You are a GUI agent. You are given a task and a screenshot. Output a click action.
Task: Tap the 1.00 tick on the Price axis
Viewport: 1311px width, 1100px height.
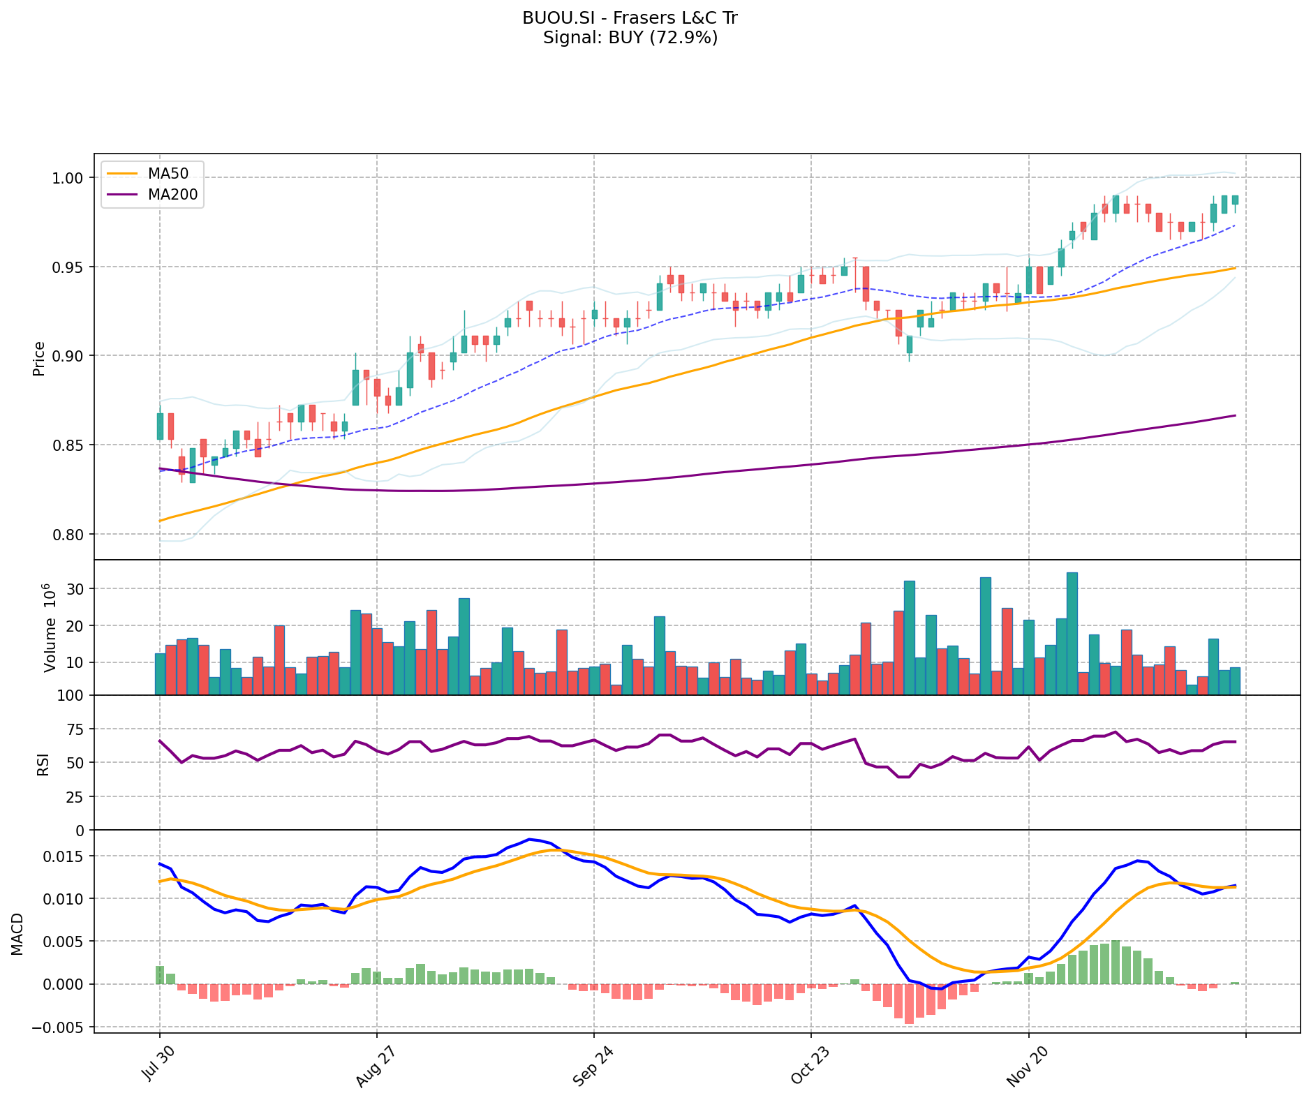(68, 178)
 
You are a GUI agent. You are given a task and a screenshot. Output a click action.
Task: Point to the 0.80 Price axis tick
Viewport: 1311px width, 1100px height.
(68, 534)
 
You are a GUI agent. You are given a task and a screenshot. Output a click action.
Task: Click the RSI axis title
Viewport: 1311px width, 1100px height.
(43, 763)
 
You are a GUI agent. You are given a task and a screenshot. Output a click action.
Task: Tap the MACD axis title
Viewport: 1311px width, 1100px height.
(17, 933)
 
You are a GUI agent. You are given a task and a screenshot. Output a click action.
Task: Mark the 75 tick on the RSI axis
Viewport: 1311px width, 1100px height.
(75, 729)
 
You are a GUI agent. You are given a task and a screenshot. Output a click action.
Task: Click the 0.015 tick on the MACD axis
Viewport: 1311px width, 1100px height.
(64, 856)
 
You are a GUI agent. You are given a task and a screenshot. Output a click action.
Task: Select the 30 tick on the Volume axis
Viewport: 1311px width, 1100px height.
(75, 589)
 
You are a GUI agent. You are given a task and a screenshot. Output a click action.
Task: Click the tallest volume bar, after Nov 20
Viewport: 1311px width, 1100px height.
(1072, 633)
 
